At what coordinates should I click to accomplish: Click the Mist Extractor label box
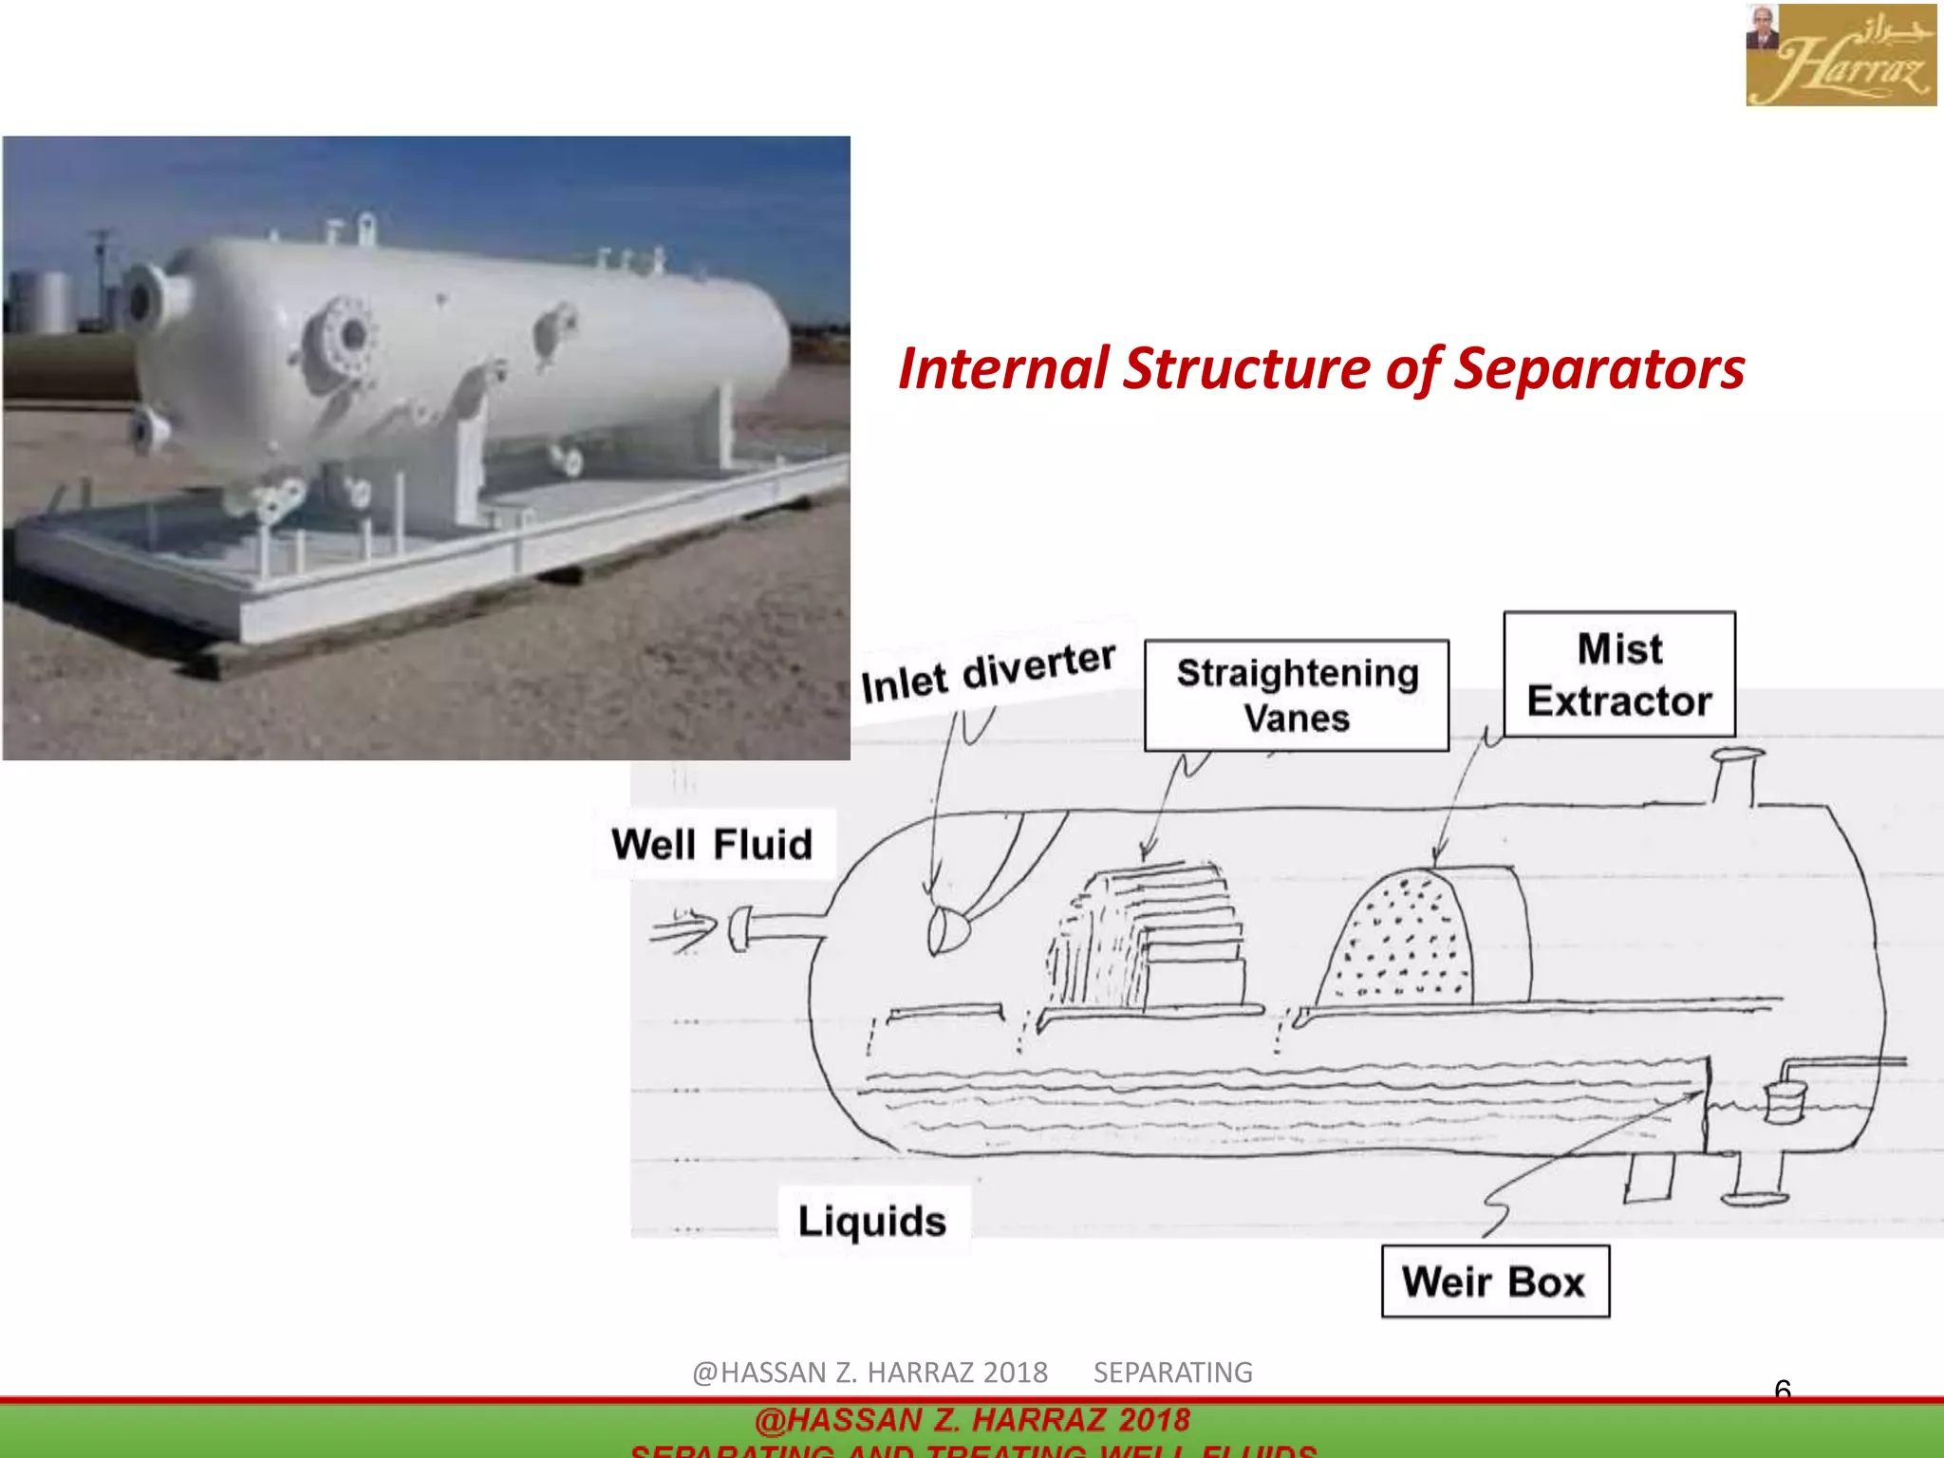[1619, 675]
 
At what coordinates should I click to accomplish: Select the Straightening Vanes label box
[1297, 696]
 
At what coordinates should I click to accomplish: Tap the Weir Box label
[1495, 1281]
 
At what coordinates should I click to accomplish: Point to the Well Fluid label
[713, 844]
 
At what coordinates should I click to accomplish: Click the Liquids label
[872, 1221]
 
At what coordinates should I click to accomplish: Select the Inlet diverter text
[987, 672]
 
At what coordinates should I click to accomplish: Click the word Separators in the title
[1599, 368]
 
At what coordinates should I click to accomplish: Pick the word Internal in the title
[1003, 368]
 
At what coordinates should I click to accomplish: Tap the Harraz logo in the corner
[1840, 54]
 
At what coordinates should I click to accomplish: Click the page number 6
[1783, 1390]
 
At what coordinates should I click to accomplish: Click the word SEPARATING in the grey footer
[1172, 1373]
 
